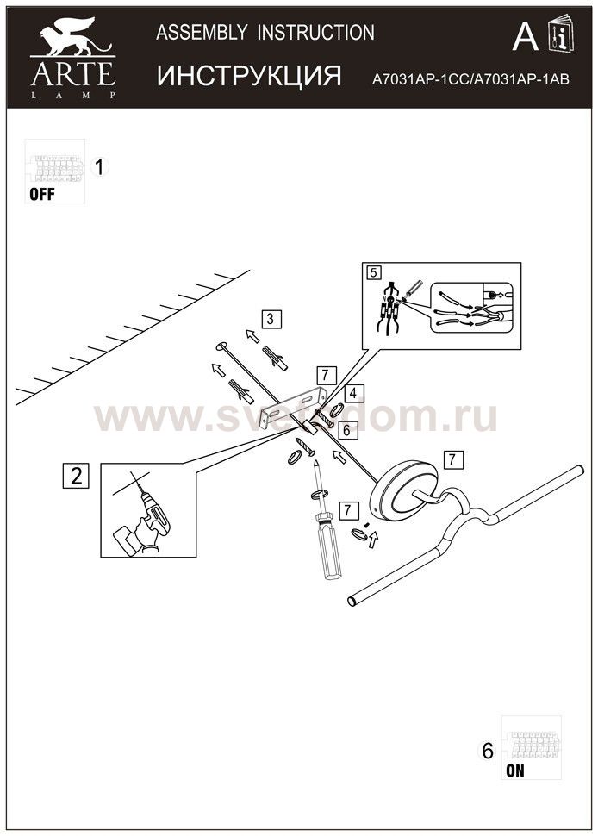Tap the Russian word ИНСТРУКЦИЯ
249,76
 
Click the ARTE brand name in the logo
72,72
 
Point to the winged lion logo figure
72,39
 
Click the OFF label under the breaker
41,194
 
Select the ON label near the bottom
514,771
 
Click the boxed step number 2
77,475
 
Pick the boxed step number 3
270,319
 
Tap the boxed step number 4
355,392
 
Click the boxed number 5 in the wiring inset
373,272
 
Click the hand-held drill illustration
145,516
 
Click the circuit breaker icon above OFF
53,165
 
